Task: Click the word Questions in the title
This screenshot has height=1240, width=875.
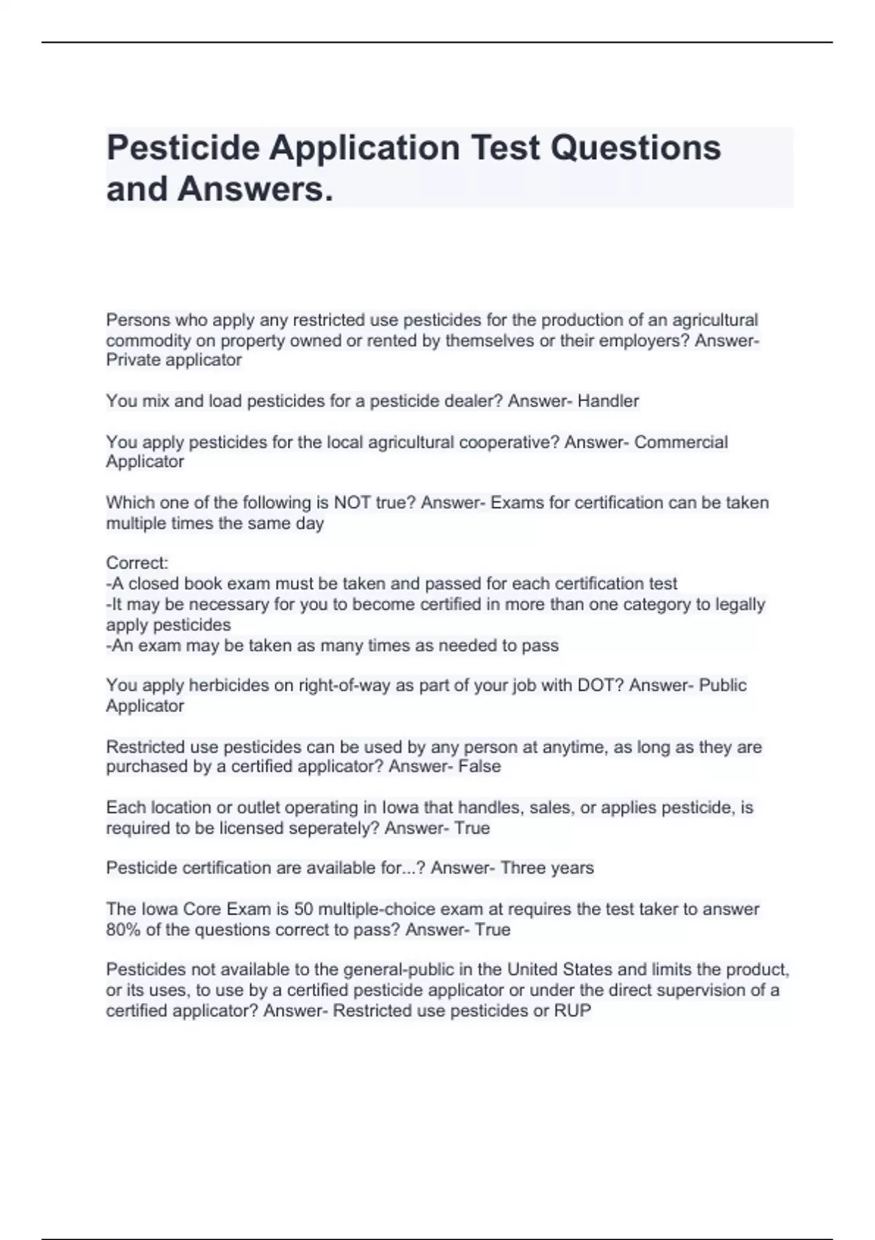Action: click(635, 148)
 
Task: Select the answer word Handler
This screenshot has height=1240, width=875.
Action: click(608, 401)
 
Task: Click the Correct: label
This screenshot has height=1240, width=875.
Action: click(137, 563)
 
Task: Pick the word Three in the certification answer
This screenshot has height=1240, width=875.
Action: click(523, 868)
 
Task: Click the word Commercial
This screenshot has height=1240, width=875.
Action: click(681, 442)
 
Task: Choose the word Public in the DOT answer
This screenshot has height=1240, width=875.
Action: click(723, 685)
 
